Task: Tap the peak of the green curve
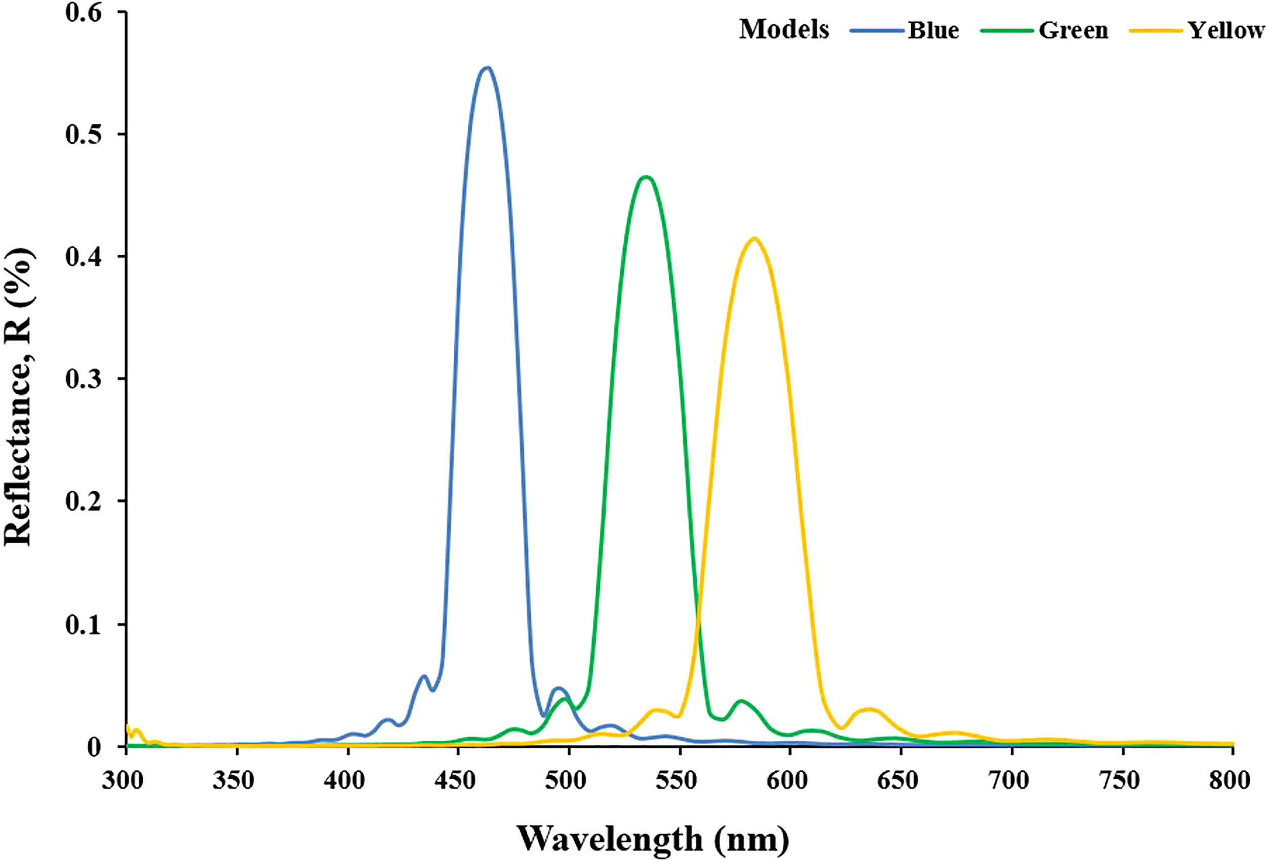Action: click(x=646, y=177)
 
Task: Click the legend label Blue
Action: click(x=933, y=30)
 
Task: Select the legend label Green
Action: click(x=1073, y=30)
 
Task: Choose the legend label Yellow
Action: click(x=1225, y=30)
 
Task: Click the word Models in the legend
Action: click(x=784, y=29)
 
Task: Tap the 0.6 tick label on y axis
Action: click(x=84, y=13)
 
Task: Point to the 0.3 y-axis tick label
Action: click(x=84, y=379)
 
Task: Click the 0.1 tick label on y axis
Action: click(x=84, y=624)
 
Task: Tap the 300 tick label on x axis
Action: click(x=123, y=780)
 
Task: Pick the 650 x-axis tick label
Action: click(x=899, y=780)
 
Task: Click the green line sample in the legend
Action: click(x=1007, y=31)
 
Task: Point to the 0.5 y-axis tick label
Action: click(x=84, y=134)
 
